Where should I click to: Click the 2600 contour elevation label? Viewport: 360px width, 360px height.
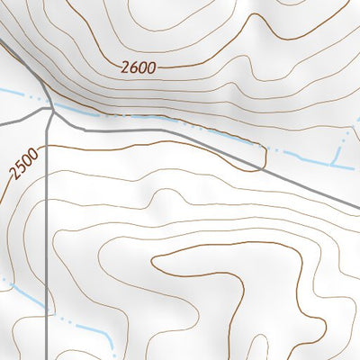[137, 66]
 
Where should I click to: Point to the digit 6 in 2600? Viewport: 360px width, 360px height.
[131, 66]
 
